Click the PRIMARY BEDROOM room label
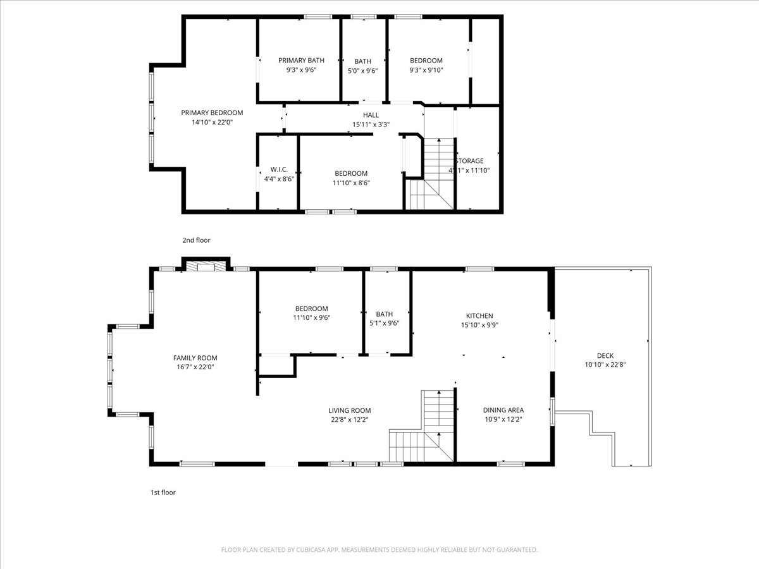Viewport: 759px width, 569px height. click(x=212, y=113)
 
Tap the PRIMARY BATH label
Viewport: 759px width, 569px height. click(x=301, y=61)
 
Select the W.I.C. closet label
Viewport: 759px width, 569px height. click(x=279, y=169)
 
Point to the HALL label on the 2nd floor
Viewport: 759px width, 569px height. click(x=371, y=115)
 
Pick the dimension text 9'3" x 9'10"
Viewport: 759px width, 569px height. click(x=426, y=70)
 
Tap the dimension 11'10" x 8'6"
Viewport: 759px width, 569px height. click(x=351, y=183)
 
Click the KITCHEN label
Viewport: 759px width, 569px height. click(x=479, y=316)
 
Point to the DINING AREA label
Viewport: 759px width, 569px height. click(x=503, y=410)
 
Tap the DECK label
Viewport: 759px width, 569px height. click(x=605, y=355)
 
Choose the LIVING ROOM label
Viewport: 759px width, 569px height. click(x=349, y=410)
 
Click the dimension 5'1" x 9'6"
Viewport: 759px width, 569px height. click(x=384, y=323)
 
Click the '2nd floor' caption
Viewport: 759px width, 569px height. click(x=196, y=240)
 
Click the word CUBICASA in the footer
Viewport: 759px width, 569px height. click(x=313, y=550)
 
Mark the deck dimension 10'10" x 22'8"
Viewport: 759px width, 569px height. click(x=605, y=364)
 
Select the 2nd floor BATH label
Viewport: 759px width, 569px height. click(x=362, y=61)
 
